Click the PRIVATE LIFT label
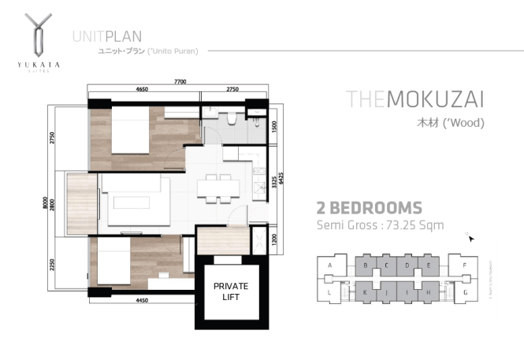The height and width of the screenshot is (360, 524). coord(232,291)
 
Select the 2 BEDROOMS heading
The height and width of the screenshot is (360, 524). coord(369,208)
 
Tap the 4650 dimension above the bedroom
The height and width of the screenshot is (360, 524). coord(142,91)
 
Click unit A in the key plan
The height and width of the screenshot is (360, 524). coord(330,266)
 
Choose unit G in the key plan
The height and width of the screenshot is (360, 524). coord(466,292)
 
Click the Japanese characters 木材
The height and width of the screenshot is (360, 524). coord(429,124)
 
